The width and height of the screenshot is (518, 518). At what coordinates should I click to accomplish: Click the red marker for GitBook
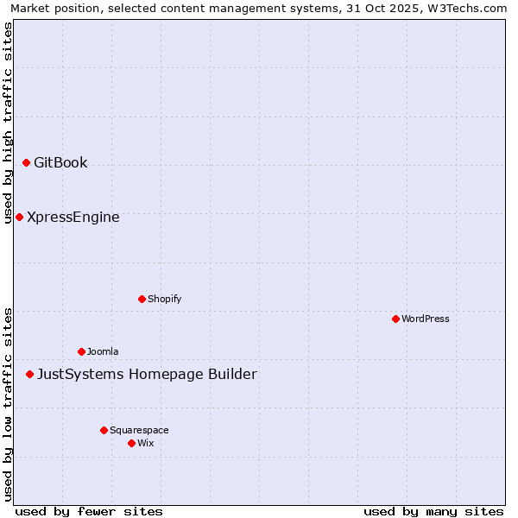click(x=26, y=162)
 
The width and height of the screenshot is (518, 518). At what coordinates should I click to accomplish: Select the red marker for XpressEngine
click(x=19, y=217)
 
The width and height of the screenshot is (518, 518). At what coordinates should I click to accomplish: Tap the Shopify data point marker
click(x=142, y=299)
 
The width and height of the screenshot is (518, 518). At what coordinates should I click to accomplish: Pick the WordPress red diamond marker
click(x=395, y=319)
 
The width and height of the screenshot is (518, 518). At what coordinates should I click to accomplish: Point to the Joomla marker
click(x=81, y=351)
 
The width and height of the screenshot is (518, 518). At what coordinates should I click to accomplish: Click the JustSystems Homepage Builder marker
click(x=29, y=374)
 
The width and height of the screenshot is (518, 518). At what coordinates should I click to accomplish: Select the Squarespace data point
click(x=104, y=430)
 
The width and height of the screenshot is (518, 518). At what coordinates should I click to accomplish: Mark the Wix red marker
click(x=131, y=443)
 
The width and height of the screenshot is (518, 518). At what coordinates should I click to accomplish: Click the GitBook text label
click(x=60, y=162)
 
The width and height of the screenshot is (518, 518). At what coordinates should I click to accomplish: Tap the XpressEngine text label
click(x=73, y=217)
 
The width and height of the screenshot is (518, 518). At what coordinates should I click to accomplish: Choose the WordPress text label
click(x=426, y=319)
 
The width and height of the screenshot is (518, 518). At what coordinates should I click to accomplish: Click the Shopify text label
click(x=164, y=299)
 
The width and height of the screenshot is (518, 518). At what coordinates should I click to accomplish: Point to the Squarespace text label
click(x=139, y=430)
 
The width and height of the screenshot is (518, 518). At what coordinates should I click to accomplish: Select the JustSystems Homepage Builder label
click(x=147, y=374)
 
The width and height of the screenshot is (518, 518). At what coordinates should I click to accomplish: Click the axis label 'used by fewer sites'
click(x=89, y=511)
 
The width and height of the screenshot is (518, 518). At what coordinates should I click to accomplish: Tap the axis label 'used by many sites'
click(x=433, y=511)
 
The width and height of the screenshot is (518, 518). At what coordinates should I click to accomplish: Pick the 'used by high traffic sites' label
click(x=8, y=123)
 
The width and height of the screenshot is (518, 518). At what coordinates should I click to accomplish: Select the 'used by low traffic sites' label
click(x=8, y=404)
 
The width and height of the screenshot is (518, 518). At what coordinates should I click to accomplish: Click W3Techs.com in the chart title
click(x=471, y=8)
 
